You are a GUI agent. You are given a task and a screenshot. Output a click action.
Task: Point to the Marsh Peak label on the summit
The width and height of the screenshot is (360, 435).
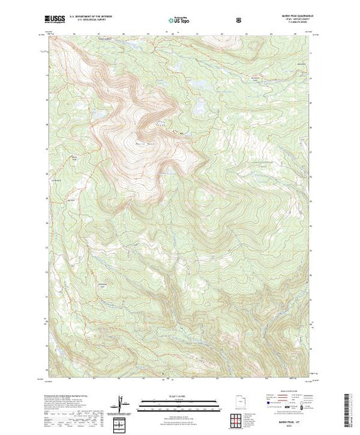click(x=143, y=139)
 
